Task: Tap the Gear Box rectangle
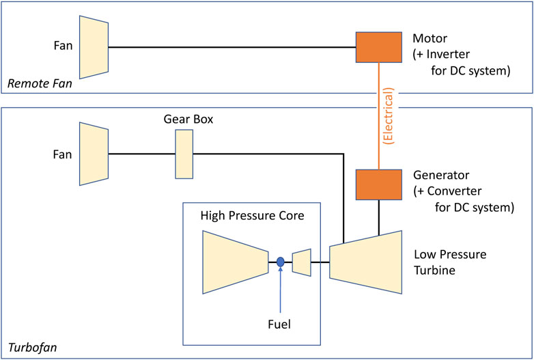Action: click(x=184, y=154)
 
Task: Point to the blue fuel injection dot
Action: click(x=280, y=262)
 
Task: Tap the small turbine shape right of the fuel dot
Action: click(x=301, y=262)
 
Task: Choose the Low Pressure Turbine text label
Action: click(x=450, y=262)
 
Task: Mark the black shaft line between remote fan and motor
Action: click(x=232, y=47)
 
